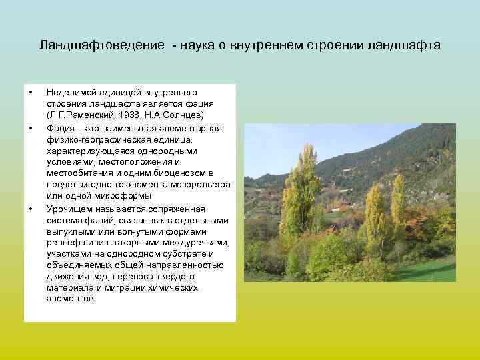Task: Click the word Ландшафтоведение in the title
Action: [x=101, y=45]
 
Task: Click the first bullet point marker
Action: [x=30, y=92]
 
